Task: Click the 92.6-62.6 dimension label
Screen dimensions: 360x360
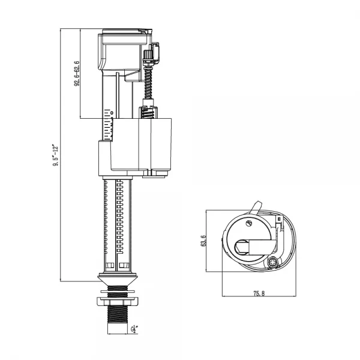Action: tap(77, 73)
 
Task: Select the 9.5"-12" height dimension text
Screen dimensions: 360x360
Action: tap(55, 155)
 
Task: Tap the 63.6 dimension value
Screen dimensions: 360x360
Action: tap(204, 240)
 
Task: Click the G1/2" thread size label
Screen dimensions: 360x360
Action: tap(136, 329)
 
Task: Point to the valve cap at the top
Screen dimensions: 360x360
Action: tap(123, 36)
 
